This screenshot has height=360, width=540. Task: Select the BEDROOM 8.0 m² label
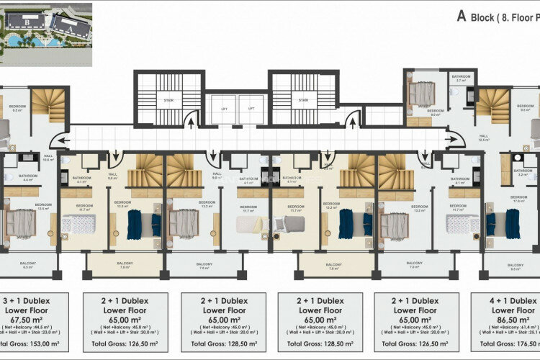(435, 112)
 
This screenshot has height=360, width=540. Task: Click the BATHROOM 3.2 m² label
(523, 173)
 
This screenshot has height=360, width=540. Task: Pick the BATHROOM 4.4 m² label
(28, 178)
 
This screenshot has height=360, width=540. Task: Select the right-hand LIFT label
(251, 108)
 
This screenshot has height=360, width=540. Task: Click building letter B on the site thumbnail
(27, 22)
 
